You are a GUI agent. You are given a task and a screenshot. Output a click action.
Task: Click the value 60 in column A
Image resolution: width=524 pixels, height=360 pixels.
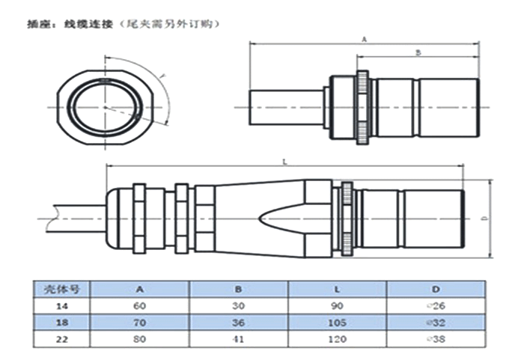[x=140, y=305]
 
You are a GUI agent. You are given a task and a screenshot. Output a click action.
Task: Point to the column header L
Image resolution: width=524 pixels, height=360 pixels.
[x=339, y=288]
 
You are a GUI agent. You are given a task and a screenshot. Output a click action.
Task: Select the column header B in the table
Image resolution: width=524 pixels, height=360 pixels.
[x=240, y=288]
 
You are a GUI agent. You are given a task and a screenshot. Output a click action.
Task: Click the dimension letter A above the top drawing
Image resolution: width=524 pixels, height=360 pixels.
[x=364, y=37]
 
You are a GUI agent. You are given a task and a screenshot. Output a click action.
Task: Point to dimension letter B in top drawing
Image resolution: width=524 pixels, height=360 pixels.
[x=418, y=52]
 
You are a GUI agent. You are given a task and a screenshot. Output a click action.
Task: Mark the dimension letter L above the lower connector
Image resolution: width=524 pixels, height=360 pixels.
[x=285, y=161]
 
